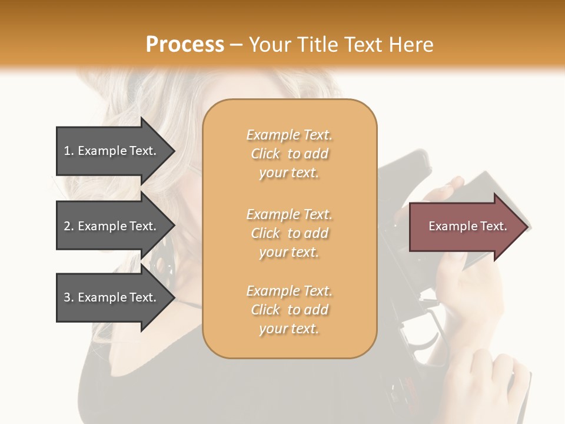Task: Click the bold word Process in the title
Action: (x=185, y=45)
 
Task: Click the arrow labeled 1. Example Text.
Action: (x=112, y=151)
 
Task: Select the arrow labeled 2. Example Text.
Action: (x=112, y=226)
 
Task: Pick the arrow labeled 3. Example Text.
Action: (x=112, y=297)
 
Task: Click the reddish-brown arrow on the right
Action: (x=465, y=227)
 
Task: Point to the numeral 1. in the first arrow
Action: (x=69, y=151)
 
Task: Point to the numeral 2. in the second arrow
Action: (x=69, y=226)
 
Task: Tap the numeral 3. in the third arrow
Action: (x=69, y=297)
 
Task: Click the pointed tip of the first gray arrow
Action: (x=173, y=151)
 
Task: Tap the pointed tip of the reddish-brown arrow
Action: (x=527, y=227)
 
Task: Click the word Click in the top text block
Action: (x=265, y=154)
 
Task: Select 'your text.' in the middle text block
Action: (x=289, y=252)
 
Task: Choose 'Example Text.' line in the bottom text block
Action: (x=289, y=291)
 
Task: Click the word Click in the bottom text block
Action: (x=265, y=310)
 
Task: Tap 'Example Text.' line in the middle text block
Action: (x=289, y=214)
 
